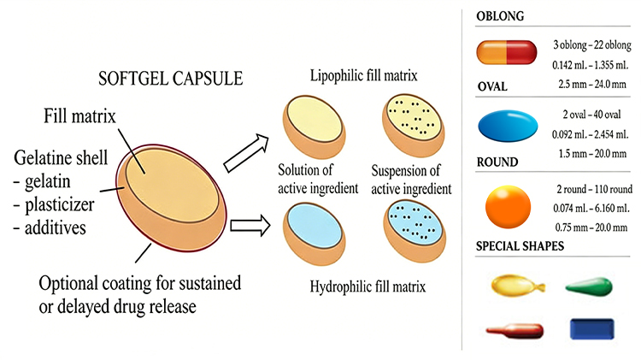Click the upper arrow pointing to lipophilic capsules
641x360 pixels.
tap(242, 150)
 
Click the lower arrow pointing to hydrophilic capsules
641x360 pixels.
tap(242, 227)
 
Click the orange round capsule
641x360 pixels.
tap(506, 207)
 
